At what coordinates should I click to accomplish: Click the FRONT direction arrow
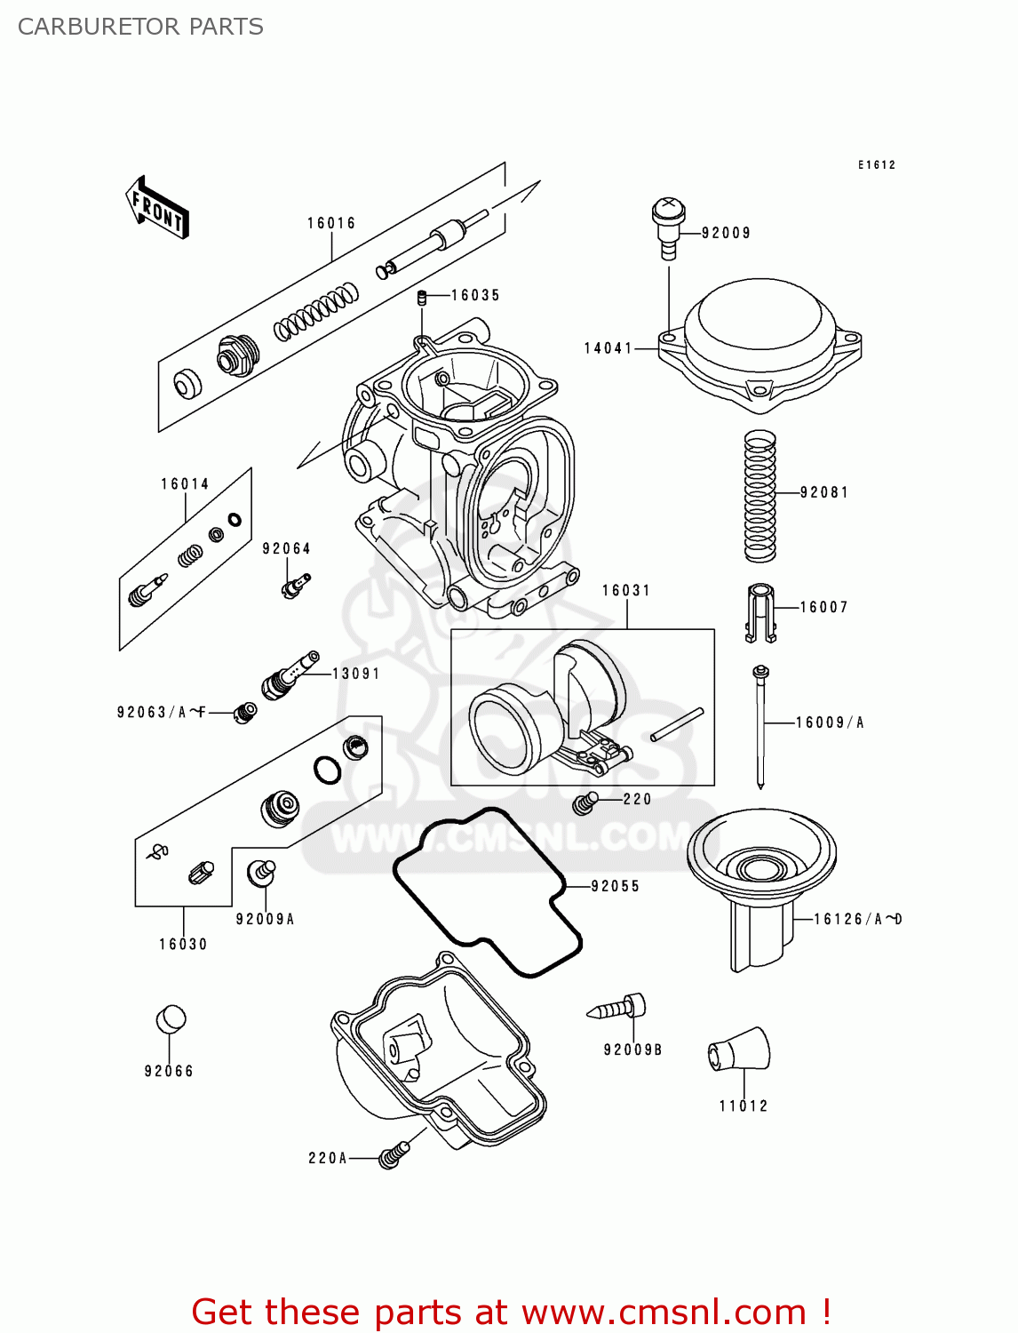pyautogui.click(x=158, y=208)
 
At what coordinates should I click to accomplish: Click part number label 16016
pyautogui.click(x=331, y=223)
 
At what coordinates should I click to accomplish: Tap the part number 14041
pyautogui.click(x=608, y=348)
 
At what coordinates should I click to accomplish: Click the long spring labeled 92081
pyautogui.click(x=760, y=496)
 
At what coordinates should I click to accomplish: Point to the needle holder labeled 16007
pyautogui.click(x=760, y=611)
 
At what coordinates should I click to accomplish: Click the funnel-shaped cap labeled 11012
pyautogui.click(x=740, y=1051)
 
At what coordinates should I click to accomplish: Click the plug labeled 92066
pyautogui.click(x=171, y=1019)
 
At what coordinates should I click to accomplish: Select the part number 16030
pyautogui.click(x=183, y=944)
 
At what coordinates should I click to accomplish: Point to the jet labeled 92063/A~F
pyautogui.click(x=245, y=712)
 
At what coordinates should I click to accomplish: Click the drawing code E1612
pyautogui.click(x=876, y=164)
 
